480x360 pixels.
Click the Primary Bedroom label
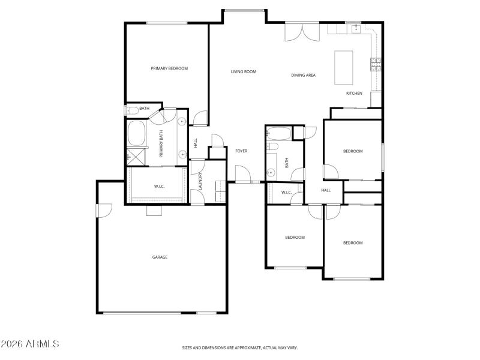tap(169, 68)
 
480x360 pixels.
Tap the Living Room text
tap(244, 71)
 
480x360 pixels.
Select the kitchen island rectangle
tap(344, 67)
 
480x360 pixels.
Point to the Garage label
tap(160, 257)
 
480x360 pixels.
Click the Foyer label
tap(241, 151)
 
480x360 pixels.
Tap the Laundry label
tap(200, 181)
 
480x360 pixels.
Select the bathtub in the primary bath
tap(136, 133)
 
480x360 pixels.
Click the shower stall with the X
tap(136, 156)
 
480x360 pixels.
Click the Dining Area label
tap(304, 75)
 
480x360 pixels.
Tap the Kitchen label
tap(354, 93)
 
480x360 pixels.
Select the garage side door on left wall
tap(104, 211)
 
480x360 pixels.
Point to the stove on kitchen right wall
tap(376, 64)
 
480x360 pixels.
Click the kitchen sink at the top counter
tap(355, 28)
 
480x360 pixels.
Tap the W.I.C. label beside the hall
tap(286, 193)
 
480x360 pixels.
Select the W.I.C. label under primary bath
tap(159, 187)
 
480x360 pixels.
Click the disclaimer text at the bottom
tap(240, 347)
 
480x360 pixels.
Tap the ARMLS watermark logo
tap(30, 344)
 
